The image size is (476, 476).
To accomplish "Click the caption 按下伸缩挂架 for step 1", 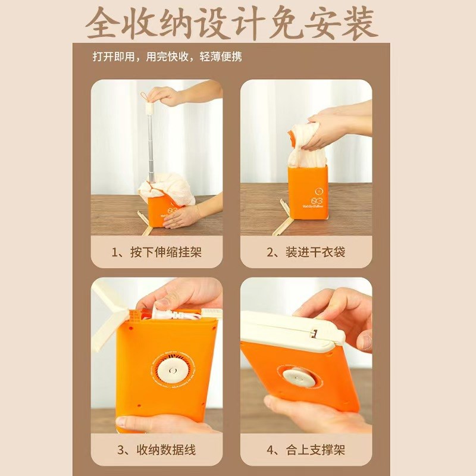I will (156, 252).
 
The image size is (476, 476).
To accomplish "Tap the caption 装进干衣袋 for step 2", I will (306, 252).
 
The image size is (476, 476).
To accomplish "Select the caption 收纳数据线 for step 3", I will (156, 449).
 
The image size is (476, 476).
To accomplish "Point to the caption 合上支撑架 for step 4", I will (306, 449).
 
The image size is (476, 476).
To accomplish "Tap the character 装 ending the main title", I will (357, 24).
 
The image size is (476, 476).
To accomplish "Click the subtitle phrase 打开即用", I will (110, 57).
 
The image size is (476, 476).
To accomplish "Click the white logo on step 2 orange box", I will (317, 195).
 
